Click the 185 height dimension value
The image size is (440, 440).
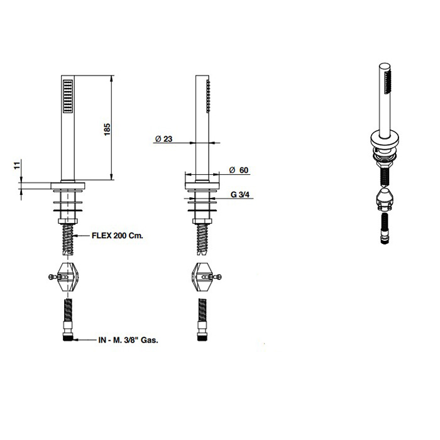click(107, 129)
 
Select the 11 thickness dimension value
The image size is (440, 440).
click(18, 165)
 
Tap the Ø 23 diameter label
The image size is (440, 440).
click(163, 139)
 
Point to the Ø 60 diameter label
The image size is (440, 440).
click(239, 170)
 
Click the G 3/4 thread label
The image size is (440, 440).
click(240, 194)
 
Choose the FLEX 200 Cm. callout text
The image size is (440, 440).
click(118, 236)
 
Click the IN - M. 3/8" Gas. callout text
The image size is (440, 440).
click(128, 340)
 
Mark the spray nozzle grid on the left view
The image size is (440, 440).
click(68, 97)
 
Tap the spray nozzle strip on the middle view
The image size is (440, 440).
click(208, 96)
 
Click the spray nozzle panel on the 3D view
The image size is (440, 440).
click(387, 82)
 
